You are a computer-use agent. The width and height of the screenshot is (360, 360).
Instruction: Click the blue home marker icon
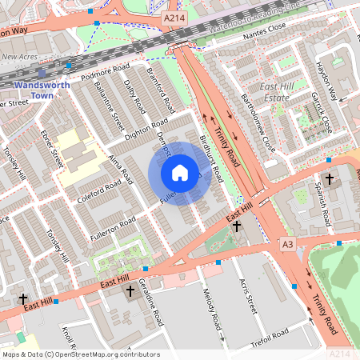pyautogui.click(x=180, y=173)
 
